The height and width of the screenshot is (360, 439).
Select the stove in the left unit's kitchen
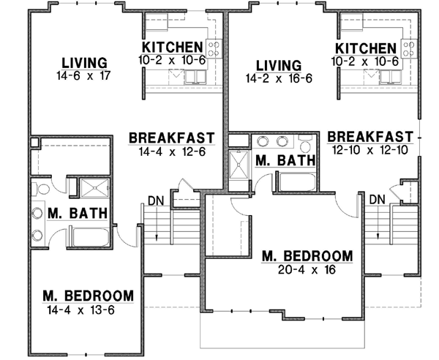pos(214,49)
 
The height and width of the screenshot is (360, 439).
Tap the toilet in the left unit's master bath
pos(40,190)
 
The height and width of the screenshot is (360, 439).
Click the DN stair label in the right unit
pos(377,199)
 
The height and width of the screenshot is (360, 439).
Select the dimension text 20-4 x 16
pos(307,269)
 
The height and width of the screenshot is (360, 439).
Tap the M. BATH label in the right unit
pos(285,160)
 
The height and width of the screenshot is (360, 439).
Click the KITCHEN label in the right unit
pos(365,48)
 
